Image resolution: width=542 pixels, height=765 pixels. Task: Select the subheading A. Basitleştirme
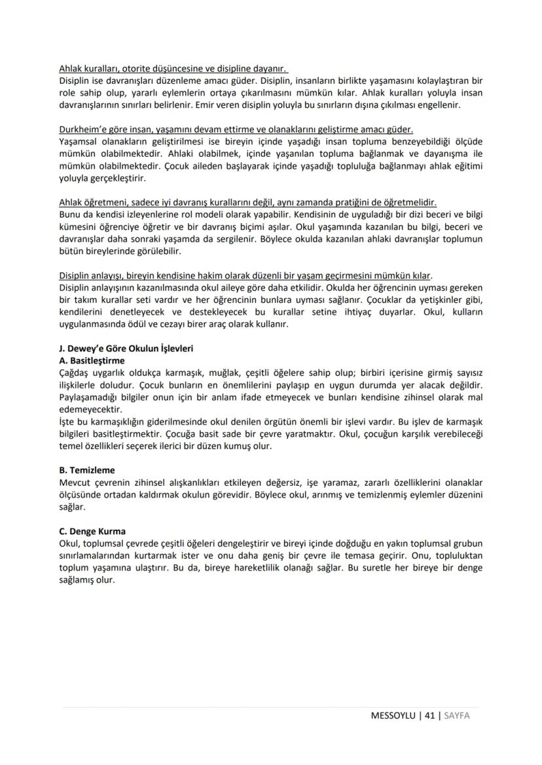point(92,360)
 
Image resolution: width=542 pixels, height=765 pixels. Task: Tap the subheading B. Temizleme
point(87,469)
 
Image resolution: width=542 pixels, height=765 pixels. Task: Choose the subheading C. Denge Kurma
point(92,531)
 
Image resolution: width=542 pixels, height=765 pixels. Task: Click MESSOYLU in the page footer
point(393,715)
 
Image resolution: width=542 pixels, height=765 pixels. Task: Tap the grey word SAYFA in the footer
point(457,715)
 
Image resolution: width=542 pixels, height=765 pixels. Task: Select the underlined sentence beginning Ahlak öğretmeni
point(247,202)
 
